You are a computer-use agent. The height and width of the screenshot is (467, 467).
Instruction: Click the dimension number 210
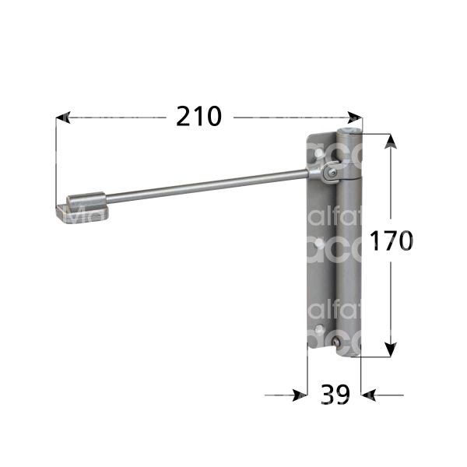point(198,116)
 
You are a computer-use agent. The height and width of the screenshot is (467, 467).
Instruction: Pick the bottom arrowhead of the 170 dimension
point(391,349)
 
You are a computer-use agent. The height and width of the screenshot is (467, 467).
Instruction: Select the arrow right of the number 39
point(370,395)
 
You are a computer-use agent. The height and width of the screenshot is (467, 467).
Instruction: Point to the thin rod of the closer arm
point(202,184)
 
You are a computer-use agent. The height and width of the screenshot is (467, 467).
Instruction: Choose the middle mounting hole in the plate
point(318,248)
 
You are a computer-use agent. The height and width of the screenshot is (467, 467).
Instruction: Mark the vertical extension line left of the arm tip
point(57,163)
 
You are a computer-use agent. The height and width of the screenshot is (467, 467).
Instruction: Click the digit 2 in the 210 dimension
point(184,116)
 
